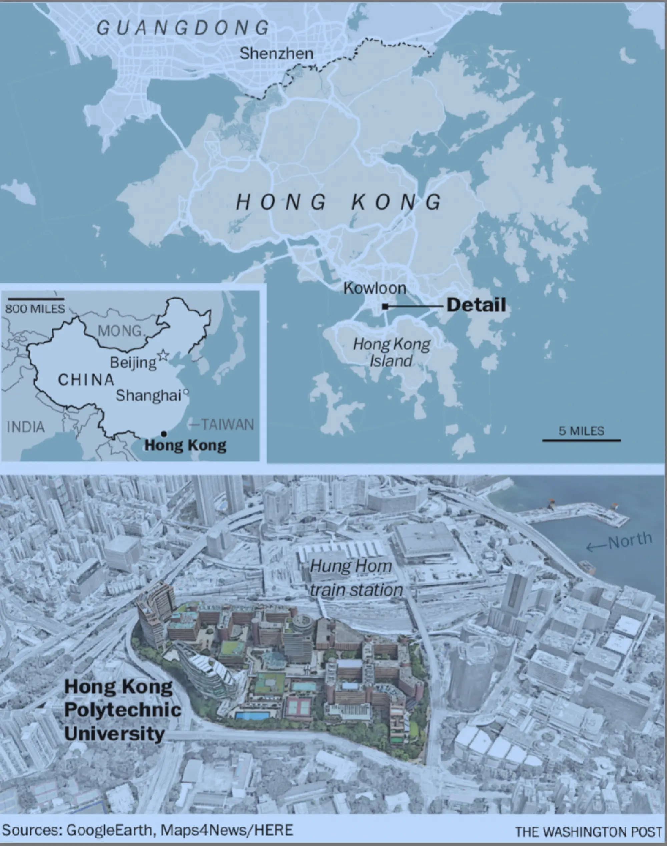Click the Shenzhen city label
coord(276,53)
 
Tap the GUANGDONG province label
coord(183,28)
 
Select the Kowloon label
coord(375,288)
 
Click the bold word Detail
coord(476,305)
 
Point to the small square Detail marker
coord(385,307)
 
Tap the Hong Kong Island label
coord(391,352)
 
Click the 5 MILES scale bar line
coord(581,441)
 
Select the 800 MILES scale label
coord(35,309)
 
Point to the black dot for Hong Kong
coord(164,434)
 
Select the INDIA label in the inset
coord(26,427)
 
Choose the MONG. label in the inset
coord(121,331)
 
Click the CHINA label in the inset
coord(86,379)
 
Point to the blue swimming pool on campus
coord(252,716)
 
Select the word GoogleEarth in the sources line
coord(109,830)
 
